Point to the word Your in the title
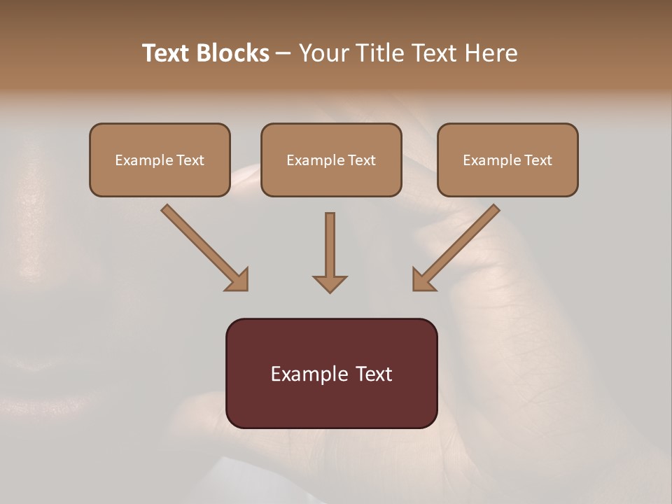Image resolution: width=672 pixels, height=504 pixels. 325,53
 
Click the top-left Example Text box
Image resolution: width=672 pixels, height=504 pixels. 160,160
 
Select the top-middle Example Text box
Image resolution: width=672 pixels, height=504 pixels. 331,160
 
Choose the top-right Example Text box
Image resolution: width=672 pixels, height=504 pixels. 507,160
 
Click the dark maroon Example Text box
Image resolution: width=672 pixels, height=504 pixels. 331,373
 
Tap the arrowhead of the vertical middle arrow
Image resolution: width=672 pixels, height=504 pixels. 330,283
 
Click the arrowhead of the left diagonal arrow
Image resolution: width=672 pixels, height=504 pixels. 238,280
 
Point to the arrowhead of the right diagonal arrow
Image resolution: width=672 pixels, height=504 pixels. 423,280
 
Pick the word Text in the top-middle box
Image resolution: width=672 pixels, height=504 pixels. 362,160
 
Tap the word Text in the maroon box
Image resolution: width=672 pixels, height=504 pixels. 374,374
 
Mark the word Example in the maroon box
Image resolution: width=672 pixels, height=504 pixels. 309,374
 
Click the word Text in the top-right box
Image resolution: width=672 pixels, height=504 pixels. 538,160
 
